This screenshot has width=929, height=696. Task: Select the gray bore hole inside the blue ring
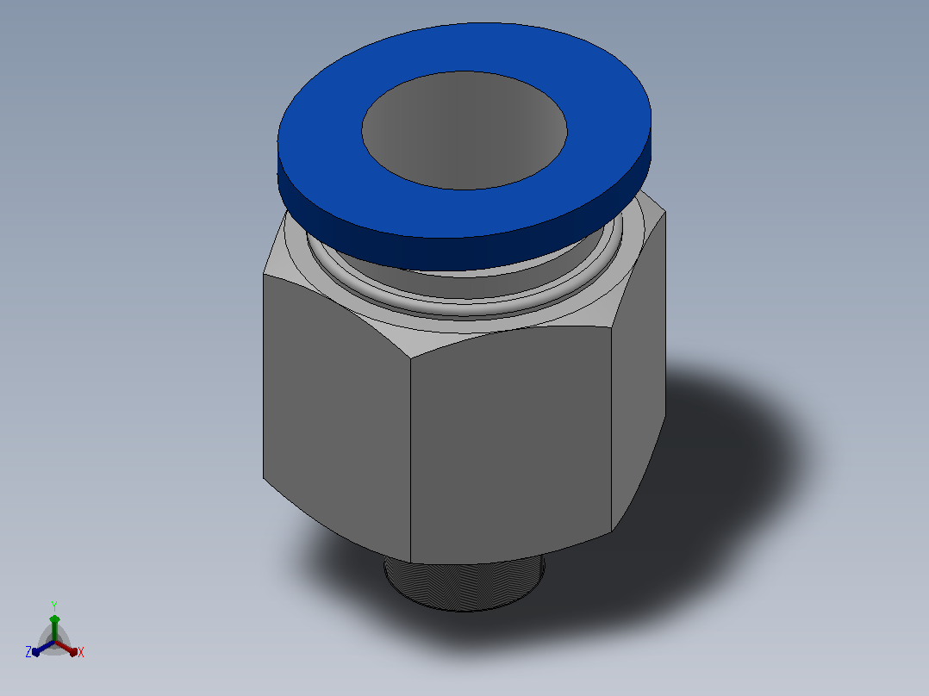pyautogui.click(x=464, y=130)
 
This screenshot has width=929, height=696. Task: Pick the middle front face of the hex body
pyautogui.click(x=511, y=444)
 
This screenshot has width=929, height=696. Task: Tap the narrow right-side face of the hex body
pyautogui.click(x=639, y=367)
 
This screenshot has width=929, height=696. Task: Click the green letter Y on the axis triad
pyautogui.click(x=54, y=606)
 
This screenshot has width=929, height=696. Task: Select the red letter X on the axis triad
pyautogui.click(x=81, y=652)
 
